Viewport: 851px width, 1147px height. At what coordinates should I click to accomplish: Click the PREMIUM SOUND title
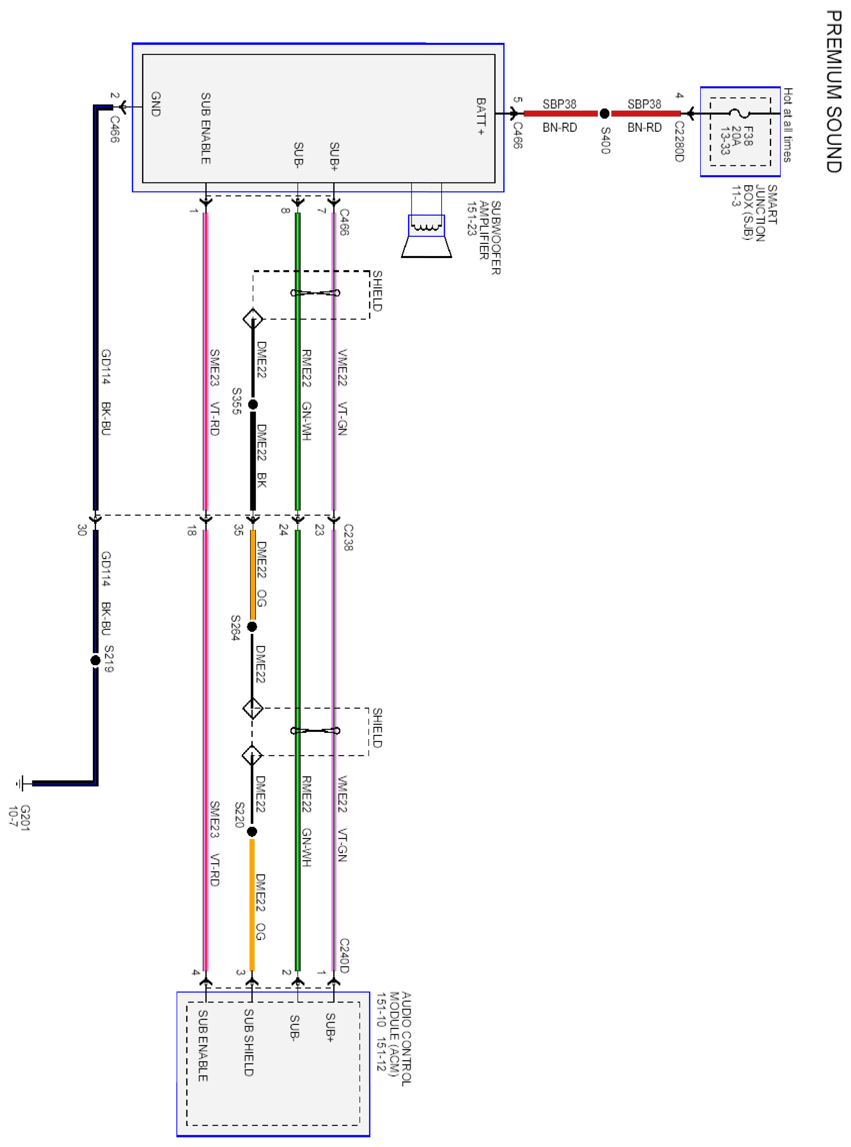pyautogui.click(x=833, y=91)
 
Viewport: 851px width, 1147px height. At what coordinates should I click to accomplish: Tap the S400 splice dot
pyautogui.click(x=605, y=113)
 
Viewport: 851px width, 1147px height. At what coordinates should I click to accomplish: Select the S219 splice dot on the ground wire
pyautogui.click(x=95, y=660)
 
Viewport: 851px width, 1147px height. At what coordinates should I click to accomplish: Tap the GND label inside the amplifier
pyautogui.click(x=155, y=104)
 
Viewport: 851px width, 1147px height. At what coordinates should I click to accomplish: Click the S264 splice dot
pyautogui.click(x=252, y=626)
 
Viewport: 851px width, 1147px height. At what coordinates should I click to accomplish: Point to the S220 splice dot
pyautogui.click(x=252, y=832)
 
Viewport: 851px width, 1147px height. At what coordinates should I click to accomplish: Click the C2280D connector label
pyautogui.click(x=679, y=141)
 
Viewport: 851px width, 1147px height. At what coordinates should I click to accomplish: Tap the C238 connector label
pyautogui.click(x=348, y=538)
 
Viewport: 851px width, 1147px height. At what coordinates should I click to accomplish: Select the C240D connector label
pyautogui.click(x=344, y=956)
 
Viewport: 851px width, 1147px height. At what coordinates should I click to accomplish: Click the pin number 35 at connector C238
pyautogui.click(x=238, y=530)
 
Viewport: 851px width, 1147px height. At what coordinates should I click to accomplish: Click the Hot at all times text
pyautogui.click(x=788, y=125)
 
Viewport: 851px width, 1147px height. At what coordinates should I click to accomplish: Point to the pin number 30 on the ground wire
pyautogui.click(x=82, y=530)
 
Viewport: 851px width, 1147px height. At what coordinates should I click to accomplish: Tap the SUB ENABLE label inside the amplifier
pyautogui.click(x=205, y=128)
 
